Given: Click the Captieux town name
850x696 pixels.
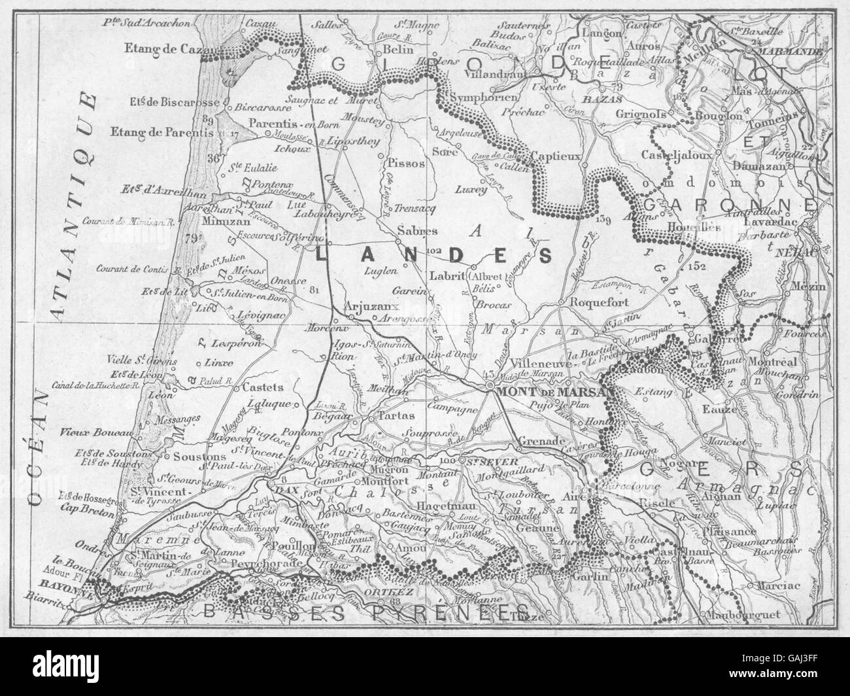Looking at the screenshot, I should coord(555,156).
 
